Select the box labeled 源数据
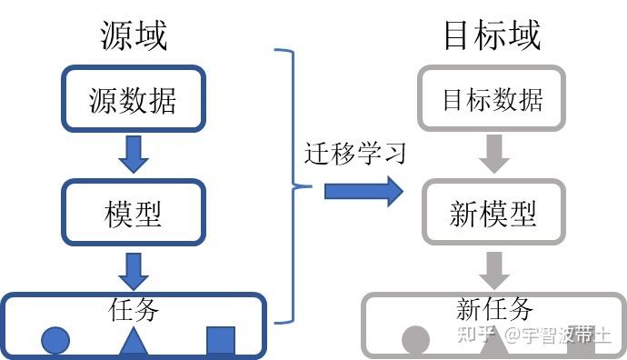[x=133, y=99]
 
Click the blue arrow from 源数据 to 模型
[x=134, y=154]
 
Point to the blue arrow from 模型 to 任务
[x=134, y=270]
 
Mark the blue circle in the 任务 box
[x=55, y=341]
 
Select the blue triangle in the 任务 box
[x=134, y=341]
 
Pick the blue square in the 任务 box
[x=221, y=341]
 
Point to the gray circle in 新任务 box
[x=416, y=341]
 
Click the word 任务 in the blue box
[x=133, y=310]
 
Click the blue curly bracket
[x=289, y=186]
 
